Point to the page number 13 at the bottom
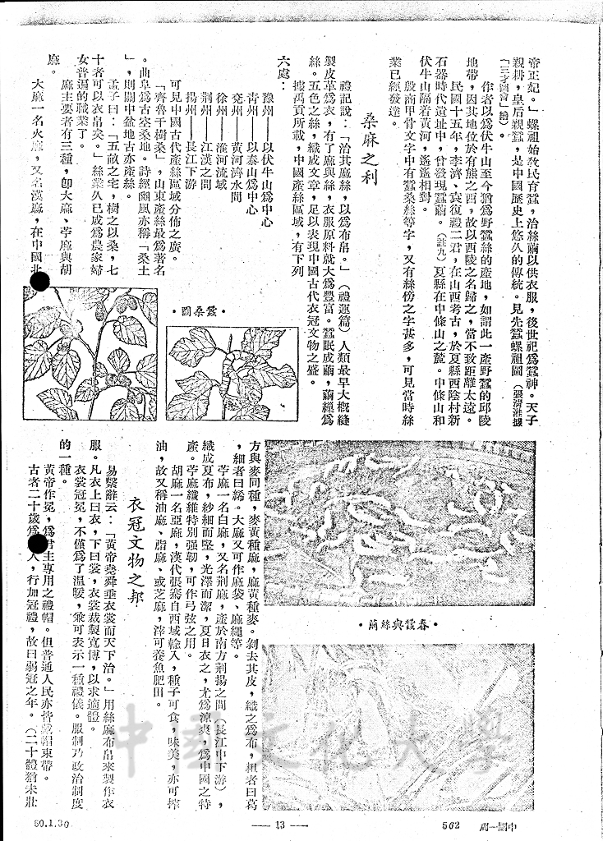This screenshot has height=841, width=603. pos(278,825)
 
